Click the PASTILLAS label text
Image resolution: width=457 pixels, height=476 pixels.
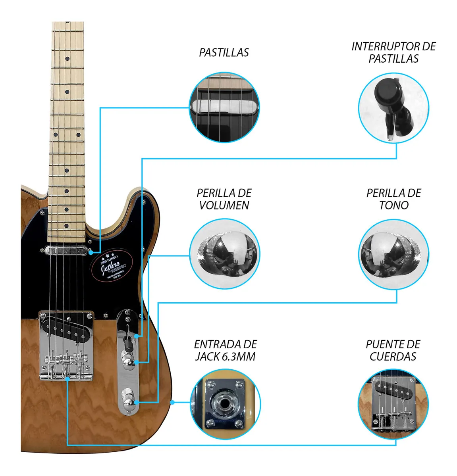[x=224, y=53]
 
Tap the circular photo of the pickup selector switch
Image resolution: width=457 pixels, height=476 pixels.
[x=393, y=108]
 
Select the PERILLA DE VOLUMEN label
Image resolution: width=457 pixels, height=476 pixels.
[x=224, y=199]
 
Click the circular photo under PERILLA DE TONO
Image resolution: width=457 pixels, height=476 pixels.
[x=393, y=254]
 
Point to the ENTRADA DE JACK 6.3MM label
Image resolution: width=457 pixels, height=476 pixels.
[x=225, y=350]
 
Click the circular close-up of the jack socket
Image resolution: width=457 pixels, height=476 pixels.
[x=225, y=404]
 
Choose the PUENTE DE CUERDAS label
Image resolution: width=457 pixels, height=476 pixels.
[x=393, y=350]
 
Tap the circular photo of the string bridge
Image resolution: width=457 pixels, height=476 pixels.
[x=393, y=404]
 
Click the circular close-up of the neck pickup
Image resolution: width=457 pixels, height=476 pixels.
[x=224, y=107]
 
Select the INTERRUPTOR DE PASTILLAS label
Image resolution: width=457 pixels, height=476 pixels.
[x=393, y=52]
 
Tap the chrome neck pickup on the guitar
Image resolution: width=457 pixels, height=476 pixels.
[x=66, y=251]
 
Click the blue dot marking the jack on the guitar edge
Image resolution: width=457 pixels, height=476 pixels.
[x=172, y=402]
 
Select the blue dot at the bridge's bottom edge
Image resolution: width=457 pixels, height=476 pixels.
[x=68, y=379]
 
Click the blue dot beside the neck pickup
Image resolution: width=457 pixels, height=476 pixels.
[x=91, y=252]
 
